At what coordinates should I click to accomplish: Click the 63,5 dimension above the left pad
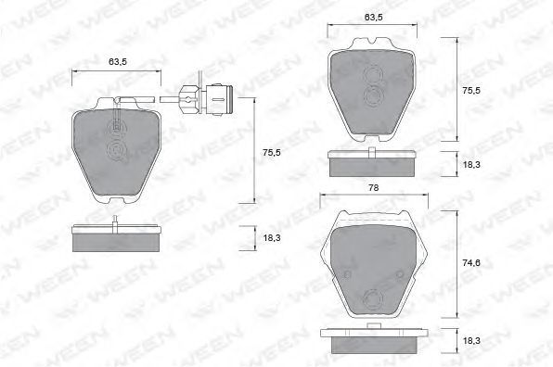click(x=118, y=62)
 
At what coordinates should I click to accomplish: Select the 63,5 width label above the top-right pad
click(x=374, y=17)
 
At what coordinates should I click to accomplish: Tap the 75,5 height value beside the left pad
click(x=272, y=153)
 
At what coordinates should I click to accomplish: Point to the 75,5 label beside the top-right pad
click(x=471, y=90)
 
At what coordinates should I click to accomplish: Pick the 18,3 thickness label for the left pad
click(x=272, y=238)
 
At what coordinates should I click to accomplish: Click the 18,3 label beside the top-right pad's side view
click(x=471, y=164)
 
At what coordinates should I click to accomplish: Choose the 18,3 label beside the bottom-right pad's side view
click(x=471, y=340)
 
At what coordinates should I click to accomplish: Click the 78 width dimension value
click(x=374, y=188)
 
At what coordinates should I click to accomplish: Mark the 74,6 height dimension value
click(x=471, y=263)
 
